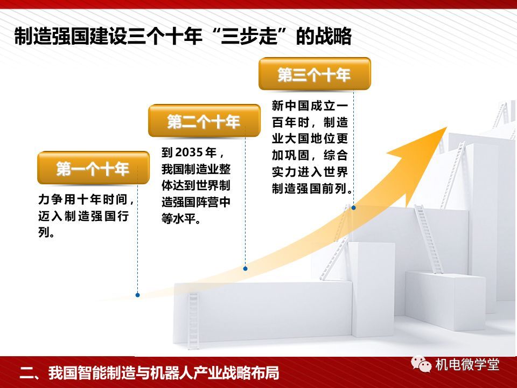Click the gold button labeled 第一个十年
(93, 168)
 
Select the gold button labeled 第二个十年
(204, 121)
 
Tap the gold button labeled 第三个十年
(315, 74)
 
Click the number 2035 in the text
(188, 153)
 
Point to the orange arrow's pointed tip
(447, 127)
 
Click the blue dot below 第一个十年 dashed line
(137, 295)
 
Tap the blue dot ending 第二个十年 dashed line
(246, 268)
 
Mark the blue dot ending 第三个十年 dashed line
(353, 207)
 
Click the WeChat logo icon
(421, 364)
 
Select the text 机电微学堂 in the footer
(467, 365)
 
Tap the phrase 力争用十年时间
(83, 199)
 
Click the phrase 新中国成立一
(310, 106)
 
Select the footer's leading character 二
(26, 373)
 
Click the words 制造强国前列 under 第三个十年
(309, 189)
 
